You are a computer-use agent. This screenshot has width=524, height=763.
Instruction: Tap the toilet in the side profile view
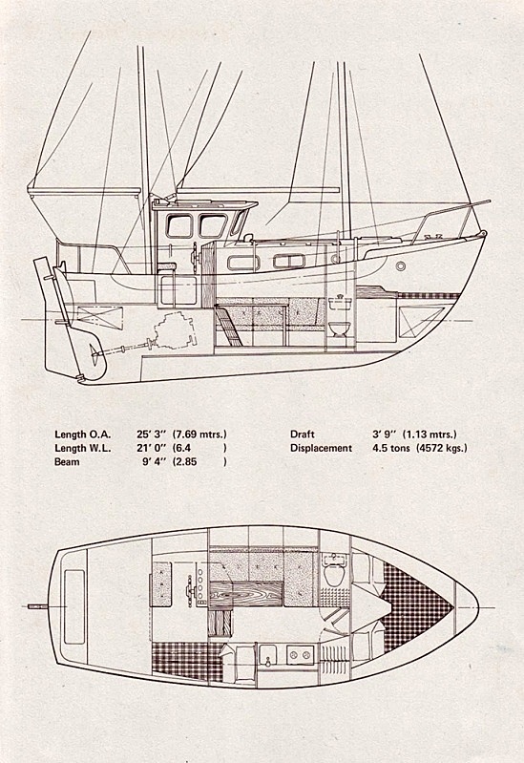pos(338,329)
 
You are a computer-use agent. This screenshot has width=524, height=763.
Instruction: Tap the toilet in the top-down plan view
pos(334,575)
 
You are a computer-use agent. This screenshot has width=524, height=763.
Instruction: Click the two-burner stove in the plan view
pos(301,655)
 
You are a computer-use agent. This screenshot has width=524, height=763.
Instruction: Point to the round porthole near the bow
pos(401,265)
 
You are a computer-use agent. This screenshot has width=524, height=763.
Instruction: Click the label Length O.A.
pos(83,434)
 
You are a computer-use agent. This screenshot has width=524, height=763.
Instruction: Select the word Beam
pos(67,461)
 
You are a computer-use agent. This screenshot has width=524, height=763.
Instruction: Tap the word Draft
pos(303,434)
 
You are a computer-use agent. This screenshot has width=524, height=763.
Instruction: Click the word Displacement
pos(321,448)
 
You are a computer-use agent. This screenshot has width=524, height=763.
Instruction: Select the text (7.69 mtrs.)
pos(199,434)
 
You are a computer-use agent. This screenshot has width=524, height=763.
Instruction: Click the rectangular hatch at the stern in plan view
pos(74,606)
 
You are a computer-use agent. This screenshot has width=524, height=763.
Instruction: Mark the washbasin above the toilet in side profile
pos(339,304)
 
